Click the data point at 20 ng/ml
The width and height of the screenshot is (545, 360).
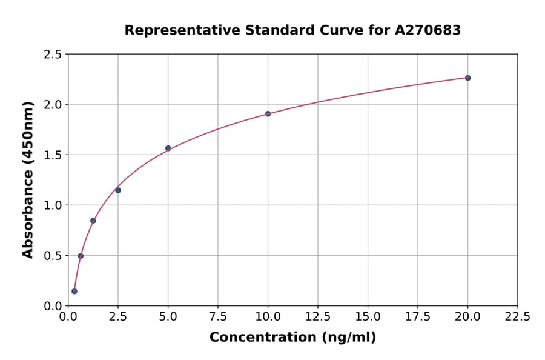tap(467, 78)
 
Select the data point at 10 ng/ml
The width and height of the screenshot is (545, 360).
tap(268, 113)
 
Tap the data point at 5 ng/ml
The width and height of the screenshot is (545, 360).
tap(168, 148)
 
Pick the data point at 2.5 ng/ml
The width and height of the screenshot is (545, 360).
tap(118, 190)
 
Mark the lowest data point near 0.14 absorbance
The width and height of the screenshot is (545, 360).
tap(74, 291)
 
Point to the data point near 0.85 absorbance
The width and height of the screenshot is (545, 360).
tap(93, 221)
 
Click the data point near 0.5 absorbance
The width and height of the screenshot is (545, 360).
tap(81, 256)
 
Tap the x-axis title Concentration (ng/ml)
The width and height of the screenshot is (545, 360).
tap(292, 338)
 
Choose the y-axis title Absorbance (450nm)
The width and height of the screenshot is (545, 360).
tap(28, 179)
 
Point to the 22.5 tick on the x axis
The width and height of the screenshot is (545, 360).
tap(517, 316)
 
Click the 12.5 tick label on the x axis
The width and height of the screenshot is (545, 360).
tap(318, 316)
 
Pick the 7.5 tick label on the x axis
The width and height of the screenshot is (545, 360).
tap(218, 316)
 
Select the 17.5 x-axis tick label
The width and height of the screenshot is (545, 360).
tap(418, 316)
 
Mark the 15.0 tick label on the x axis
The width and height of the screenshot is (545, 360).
tap(368, 316)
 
